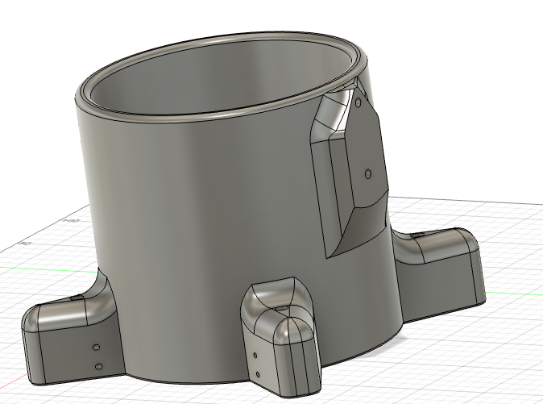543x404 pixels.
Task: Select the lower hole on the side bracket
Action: pos(368,173)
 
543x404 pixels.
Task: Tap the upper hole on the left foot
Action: pos(95,348)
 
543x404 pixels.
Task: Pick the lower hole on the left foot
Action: pos(98,367)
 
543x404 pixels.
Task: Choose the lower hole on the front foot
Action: pos(258,374)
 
